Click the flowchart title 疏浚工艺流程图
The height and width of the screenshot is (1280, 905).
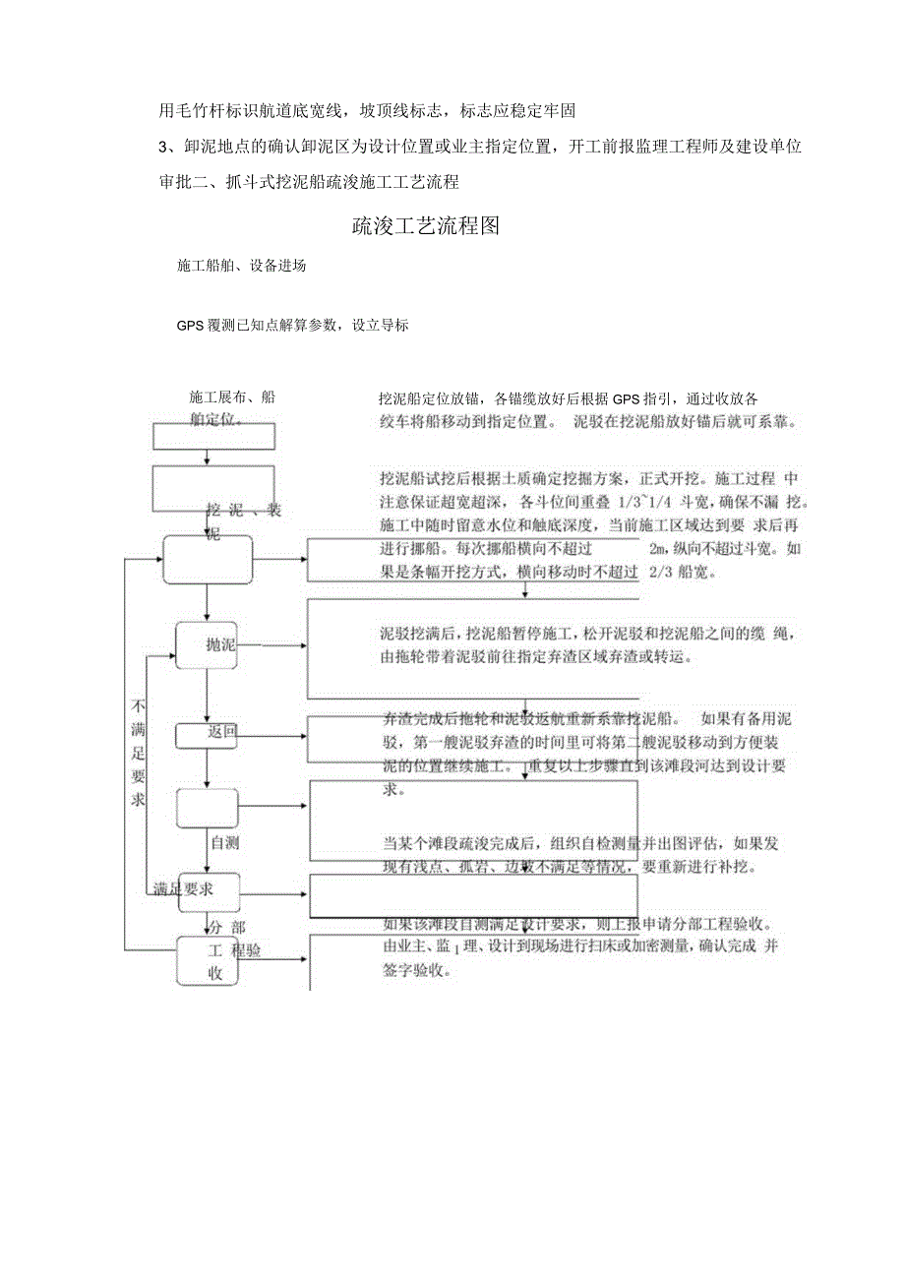coord(426,226)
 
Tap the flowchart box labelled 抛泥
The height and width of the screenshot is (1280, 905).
coord(208,645)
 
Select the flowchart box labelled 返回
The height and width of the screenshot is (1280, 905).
coord(208,734)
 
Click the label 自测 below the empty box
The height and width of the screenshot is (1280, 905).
coord(223,843)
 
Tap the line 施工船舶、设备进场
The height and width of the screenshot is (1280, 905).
coord(241,267)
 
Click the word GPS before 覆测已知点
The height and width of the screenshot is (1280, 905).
coord(190,325)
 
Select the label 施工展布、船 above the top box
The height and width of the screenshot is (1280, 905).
coord(232,397)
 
